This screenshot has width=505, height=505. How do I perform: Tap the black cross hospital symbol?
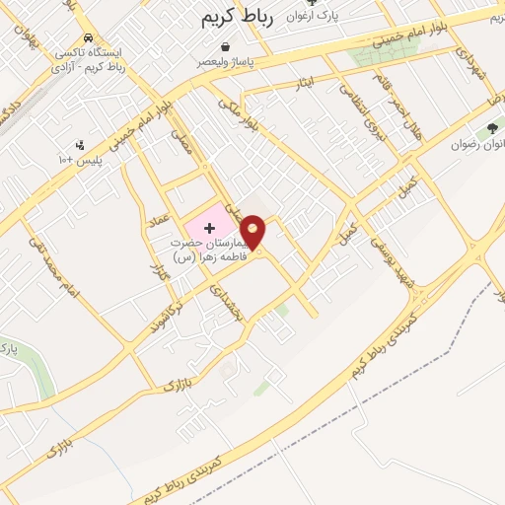(209, 228)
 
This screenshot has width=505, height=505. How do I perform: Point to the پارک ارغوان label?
(312, 17)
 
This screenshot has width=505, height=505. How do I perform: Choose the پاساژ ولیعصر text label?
(230, 61)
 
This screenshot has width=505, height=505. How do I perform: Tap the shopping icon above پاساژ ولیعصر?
(230, 45)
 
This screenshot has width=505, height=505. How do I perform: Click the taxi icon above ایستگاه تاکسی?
(90, 37)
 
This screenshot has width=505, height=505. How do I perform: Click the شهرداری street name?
(480, 70)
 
